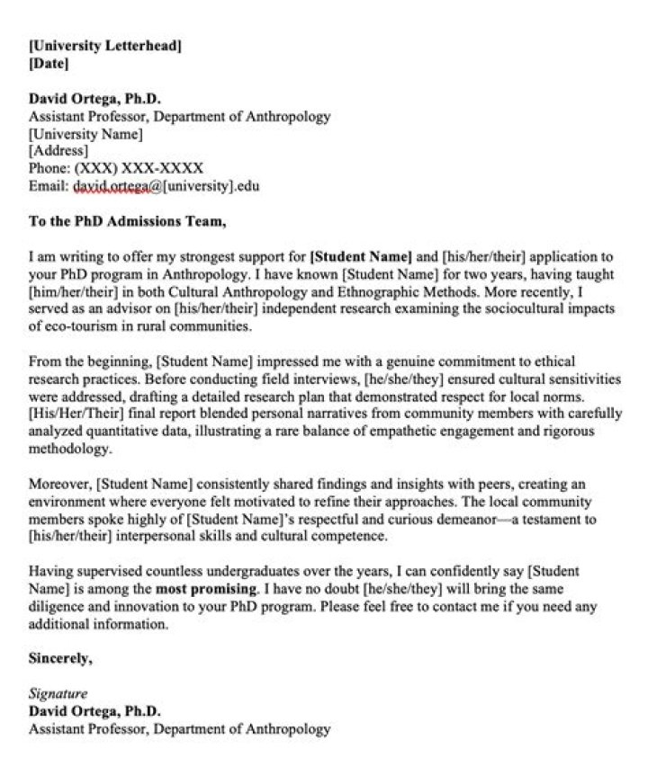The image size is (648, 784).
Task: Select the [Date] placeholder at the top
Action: (x=49, y=63)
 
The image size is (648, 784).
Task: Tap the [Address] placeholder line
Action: (x=58, y=150)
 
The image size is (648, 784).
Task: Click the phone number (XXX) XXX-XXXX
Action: (x=139, y=168)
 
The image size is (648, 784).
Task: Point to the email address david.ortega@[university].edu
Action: (x=166, y=186)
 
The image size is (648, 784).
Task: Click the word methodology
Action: (x=68, y=448)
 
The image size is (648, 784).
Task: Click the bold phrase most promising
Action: (x=207, y=589)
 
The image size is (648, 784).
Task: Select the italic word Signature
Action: (x=58, y=694)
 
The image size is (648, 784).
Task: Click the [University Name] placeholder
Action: (x=85, y=133)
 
